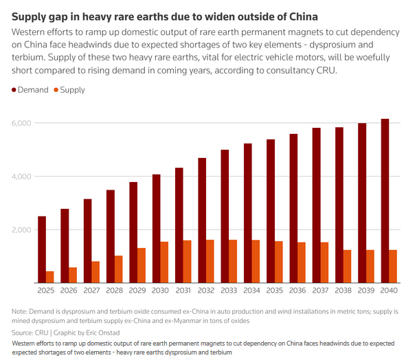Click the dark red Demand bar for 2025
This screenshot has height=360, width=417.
click(42, 249)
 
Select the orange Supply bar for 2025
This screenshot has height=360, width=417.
click(50, 277)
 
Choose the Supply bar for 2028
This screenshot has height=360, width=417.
click(119, 269)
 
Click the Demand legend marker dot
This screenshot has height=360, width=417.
click(14, 90)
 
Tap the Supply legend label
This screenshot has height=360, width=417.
click(73, 90)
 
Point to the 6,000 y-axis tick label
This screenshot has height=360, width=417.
click(21, 123)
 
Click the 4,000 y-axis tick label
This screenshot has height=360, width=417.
click(21, 176)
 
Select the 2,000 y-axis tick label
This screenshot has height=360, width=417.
click(21, 229)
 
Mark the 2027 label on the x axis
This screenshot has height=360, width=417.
click(92, 291)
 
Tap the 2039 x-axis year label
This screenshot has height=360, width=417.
click(366, 291)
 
